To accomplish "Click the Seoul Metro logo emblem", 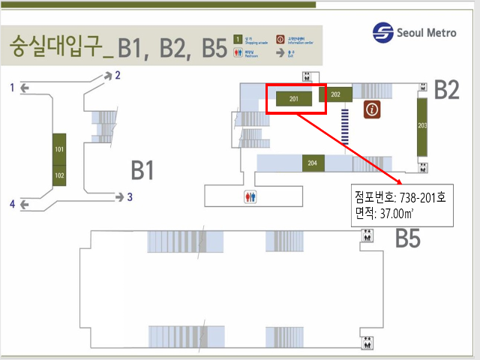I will click(x=383, y=33).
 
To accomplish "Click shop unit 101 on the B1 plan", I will click(x=58, y=149).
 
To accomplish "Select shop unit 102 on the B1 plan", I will click(x=58, y=176).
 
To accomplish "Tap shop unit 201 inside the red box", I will click(x=294, y=98).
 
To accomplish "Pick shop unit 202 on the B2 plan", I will click(x=335, y=94).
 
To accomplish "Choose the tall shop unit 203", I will click(x=422, y=125).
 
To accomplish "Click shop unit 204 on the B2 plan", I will click(x=312, y=163).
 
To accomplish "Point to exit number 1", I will click(x=12, y=88).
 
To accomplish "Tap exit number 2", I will click(x=117, y=75).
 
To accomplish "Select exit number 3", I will click(x=130, y=197).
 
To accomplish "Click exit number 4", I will click(x=12, y=203).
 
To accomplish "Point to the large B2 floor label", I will click(x=447, y=90).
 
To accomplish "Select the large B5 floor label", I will click(x=408, y=239).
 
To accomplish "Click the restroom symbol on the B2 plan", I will click(x=250, y=197).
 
